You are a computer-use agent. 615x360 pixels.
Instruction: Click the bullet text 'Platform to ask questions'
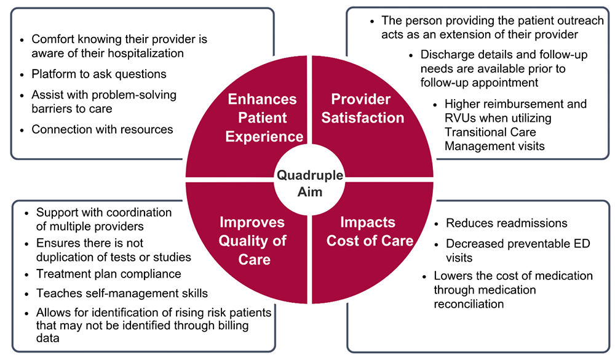coord(99,74)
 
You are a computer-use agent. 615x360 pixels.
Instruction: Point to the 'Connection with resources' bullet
coord(102,129)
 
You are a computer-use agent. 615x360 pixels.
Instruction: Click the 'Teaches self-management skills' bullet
coord(122,294)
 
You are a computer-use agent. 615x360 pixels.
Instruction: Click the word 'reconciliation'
coord(469,304)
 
